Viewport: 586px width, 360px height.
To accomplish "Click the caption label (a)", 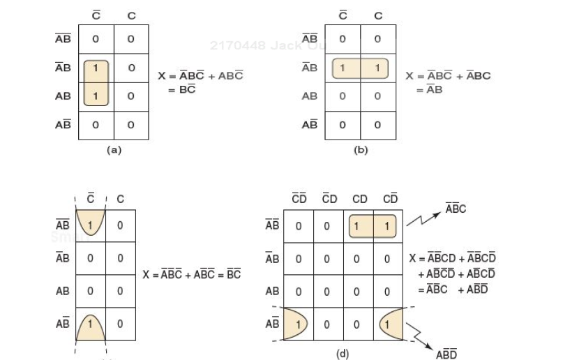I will (113, 150).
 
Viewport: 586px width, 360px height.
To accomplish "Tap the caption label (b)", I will (361, 150).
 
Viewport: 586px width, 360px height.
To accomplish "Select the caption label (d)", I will (342, 354).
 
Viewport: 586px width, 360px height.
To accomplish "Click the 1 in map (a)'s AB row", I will (96, 96).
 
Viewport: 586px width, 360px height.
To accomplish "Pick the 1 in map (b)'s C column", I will (377, 68).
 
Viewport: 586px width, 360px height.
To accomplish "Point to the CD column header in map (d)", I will (360, 200).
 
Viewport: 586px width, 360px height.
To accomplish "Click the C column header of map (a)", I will (130, 15).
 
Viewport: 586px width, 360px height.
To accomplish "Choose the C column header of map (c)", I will (121, 200).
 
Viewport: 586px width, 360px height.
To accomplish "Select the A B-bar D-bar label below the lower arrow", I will (446, 354).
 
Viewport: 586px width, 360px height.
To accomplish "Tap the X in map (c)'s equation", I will (146, 274).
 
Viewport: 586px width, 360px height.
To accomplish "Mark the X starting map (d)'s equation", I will (413, 259).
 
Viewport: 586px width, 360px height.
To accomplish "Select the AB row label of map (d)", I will (273, 291).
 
